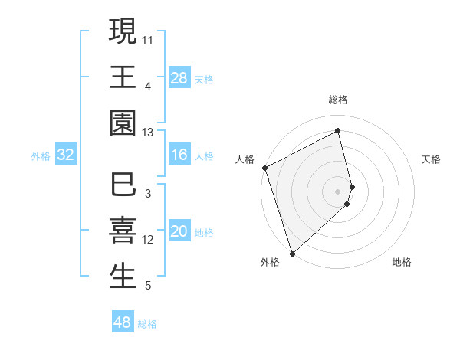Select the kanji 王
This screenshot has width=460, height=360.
pos(123,77)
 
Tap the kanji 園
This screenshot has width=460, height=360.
pos(123,123)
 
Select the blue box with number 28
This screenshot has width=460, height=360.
pos(179,78)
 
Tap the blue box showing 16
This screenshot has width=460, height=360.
pos(179,155)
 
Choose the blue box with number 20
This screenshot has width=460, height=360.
pos(179,232)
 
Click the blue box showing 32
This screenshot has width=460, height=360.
pos(66,155)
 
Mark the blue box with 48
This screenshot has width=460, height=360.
pos(123,322)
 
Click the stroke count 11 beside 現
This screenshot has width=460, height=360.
pos(148,38)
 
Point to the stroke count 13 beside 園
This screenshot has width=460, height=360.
pos(148,133)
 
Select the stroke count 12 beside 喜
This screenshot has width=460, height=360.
pos(148,240)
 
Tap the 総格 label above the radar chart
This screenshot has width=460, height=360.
pos(338,100)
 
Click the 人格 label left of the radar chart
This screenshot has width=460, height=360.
pos(245,159)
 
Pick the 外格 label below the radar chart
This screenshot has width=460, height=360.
pos(269,262)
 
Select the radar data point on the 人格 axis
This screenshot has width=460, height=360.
pos(264,168)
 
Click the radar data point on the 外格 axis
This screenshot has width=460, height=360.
pos(291,253)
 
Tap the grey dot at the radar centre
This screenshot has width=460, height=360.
pos(338,191)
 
